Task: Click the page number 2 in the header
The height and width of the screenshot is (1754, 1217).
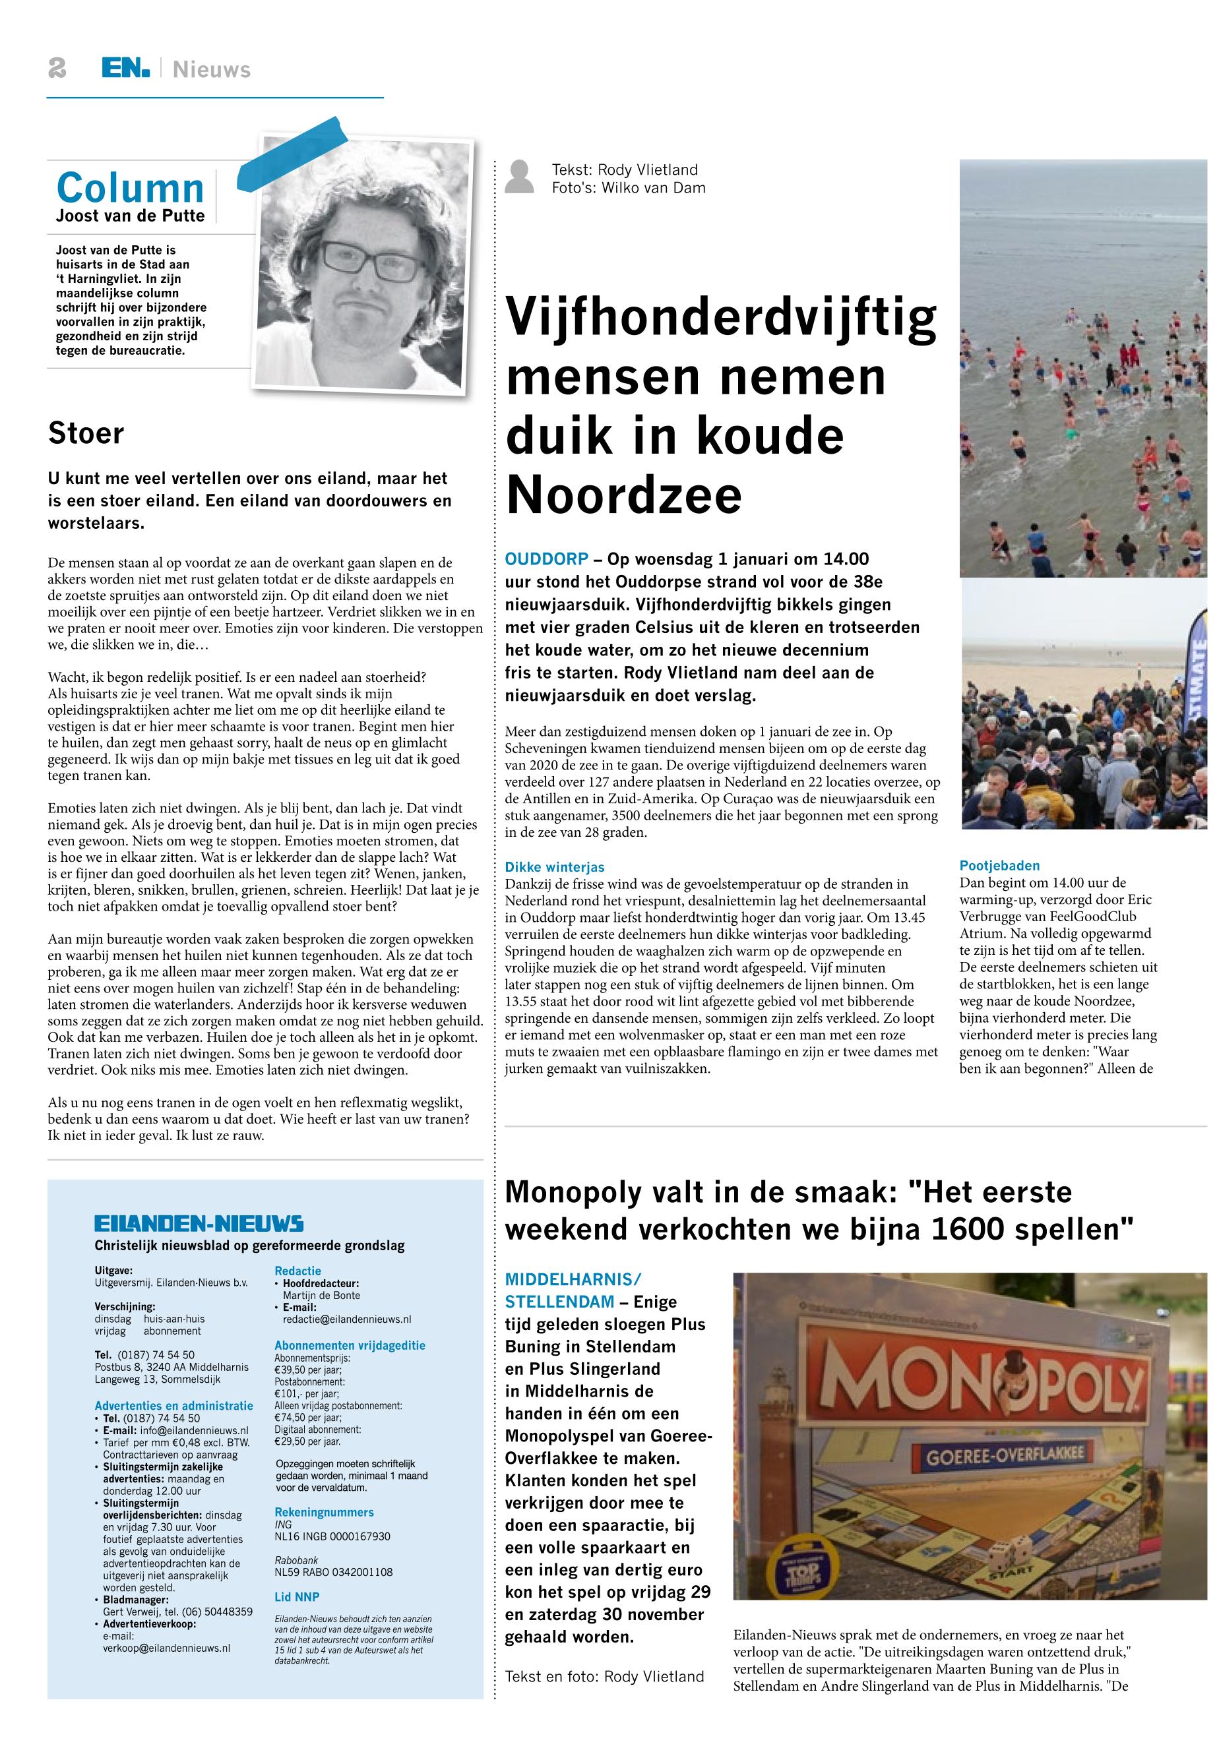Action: click(57, 69)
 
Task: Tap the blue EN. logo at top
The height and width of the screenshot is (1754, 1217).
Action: click(126, 69)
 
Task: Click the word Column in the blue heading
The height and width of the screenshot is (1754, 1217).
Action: click(131, 187)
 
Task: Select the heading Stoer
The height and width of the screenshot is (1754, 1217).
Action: click(85, 433)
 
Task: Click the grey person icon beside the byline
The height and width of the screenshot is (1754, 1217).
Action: click(520, 177)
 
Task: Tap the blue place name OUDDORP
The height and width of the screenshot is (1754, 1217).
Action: click(547, 559)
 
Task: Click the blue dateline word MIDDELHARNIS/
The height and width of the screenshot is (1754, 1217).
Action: click(573, 1279)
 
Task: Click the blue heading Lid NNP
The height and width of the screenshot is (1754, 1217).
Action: click(297, 1597)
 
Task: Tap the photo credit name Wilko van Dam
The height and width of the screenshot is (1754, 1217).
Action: click(654, 187)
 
